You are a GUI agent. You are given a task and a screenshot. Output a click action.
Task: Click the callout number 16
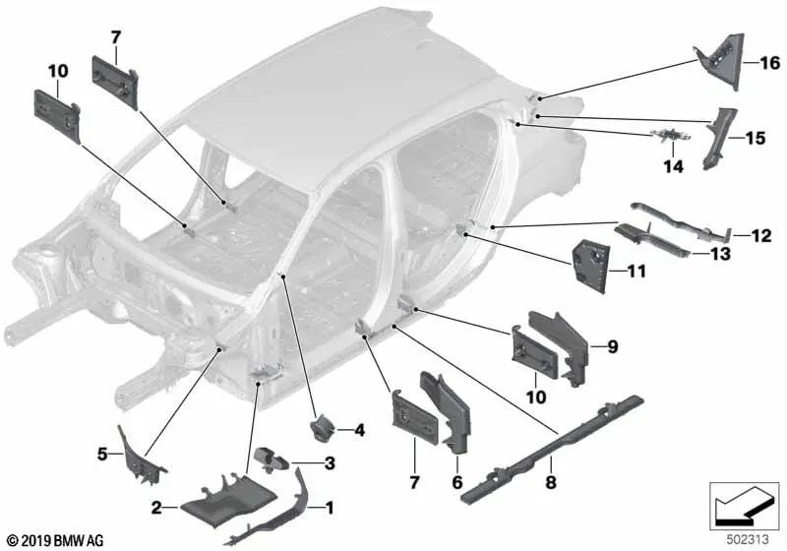tap(770, 63)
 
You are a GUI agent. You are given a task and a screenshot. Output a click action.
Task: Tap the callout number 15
tap(756, 138)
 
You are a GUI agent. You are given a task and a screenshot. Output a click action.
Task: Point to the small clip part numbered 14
tap(670, 135)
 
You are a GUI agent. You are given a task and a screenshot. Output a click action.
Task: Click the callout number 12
tap(760, 235)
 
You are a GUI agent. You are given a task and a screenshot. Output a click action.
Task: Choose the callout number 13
tap(720, 254)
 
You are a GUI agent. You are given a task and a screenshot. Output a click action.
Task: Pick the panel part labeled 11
tap(591, 266)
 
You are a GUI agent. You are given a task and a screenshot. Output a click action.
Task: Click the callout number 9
tap(612, 346)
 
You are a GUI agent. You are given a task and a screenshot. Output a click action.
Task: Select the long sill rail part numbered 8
tap(552, 448)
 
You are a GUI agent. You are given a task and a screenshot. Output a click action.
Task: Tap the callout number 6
tap(456, 482)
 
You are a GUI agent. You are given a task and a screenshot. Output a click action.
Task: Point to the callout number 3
tap(330, 462)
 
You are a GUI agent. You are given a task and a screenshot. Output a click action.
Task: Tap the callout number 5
tap(102, 455)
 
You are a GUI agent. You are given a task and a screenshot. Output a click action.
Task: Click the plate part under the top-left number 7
tap(115, 83)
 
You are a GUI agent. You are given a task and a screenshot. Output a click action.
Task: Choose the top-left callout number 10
tap(58, 71)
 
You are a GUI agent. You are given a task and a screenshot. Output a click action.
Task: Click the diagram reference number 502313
tap(748, 540)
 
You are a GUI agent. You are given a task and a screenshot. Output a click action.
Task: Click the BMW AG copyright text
tap(55, 541)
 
